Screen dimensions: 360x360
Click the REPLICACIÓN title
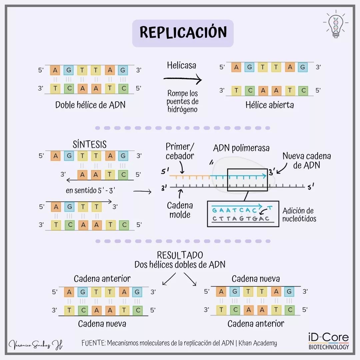[x=183, y=33]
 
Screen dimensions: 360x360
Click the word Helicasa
[x=182, y=65]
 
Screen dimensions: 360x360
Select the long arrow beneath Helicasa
[x=182, y=80]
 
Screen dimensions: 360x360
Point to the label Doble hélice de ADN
[x=90, y=105]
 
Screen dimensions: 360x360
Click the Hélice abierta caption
[x=270, y=105]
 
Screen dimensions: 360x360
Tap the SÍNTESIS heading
[x=90, y=144]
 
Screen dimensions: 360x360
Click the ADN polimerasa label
[x=241, y=148]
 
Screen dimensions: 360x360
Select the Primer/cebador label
[x=180, y=151]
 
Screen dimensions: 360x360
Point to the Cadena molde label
[x=180, y=210]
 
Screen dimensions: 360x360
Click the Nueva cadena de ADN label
[x=307, y=160]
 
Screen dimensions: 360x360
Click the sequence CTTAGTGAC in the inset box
[x=240, y=219]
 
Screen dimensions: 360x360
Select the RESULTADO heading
[x=180, y=255]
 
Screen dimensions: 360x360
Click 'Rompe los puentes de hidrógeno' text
[x=182, y=101]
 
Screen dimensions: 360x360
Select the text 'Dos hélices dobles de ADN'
[x=180, y=265]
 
